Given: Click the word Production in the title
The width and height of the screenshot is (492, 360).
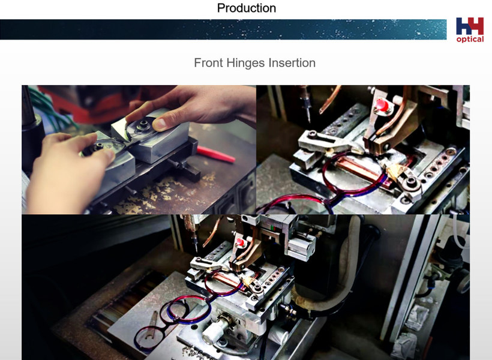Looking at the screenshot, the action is tap(247, 8).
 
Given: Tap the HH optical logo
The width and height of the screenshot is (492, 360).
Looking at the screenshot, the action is tap(470, 30).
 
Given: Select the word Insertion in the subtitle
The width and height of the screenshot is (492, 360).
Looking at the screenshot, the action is tap(292, 63).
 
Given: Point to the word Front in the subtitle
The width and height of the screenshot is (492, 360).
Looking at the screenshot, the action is tap(208, 63).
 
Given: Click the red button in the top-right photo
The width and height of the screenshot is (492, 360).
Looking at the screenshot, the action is tap(381, 106).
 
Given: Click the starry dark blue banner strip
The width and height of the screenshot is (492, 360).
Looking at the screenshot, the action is tap(223, 29).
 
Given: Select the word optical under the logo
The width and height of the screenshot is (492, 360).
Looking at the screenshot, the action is tap(470, 39).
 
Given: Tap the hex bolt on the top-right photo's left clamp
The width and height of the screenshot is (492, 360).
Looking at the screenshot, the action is tap(313, 134).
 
